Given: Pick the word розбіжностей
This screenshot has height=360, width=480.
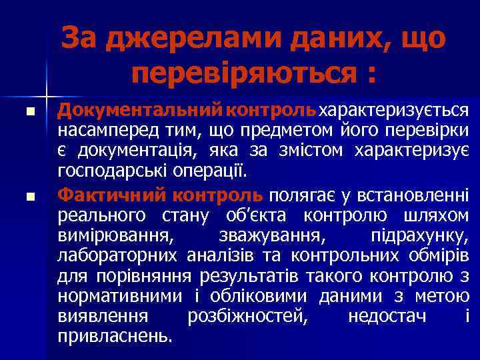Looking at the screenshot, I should point(248,315).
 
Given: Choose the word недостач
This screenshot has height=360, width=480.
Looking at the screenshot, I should point(387,315).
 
